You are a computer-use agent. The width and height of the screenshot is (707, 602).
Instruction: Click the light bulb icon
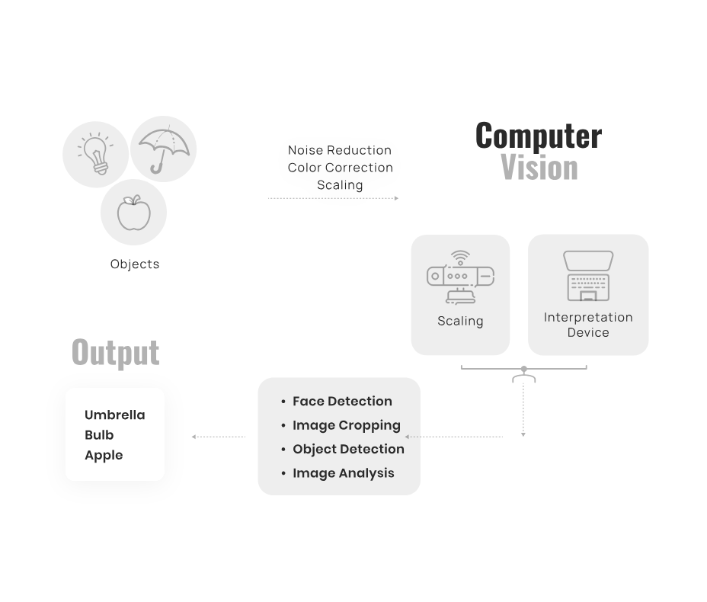(x=95, y=154)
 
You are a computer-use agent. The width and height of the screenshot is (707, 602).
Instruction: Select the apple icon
(x=133, y=213)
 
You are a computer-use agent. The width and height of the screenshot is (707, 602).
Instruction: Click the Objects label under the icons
(x=135, y=264)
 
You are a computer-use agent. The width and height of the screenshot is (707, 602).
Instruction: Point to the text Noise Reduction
(x=340, y=150)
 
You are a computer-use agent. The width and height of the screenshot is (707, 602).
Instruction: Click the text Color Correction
(x=340, y=168)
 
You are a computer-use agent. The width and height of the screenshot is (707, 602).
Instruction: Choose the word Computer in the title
(x=538, y=136)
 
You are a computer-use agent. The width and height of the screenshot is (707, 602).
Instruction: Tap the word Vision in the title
(x=539, y=168)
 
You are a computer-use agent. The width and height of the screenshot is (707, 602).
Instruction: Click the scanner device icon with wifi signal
(x=459, y=277)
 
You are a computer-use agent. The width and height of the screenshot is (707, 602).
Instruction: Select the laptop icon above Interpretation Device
(x=588, y=276)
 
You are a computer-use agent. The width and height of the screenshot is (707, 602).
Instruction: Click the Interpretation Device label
(x=588, y=325)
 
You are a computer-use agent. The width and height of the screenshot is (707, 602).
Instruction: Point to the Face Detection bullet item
(x=342, y=402)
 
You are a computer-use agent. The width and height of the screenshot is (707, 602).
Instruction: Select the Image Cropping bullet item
(x=346, y=425)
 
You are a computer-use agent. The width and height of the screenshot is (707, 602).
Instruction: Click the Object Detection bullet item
(x=348, y=449)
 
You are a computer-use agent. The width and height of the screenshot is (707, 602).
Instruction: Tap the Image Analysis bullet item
(x=343, y=473)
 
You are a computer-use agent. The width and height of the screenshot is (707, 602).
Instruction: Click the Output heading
(x=115, y=352)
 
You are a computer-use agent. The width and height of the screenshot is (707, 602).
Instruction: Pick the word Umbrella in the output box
(x=114, y=415)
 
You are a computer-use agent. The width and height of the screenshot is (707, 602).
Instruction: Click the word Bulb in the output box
(x=99, y=435)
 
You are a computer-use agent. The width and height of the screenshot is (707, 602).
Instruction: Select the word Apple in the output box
(x=104, y=455)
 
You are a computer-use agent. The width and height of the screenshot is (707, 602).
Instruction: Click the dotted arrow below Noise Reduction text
(x=333, y=198)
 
